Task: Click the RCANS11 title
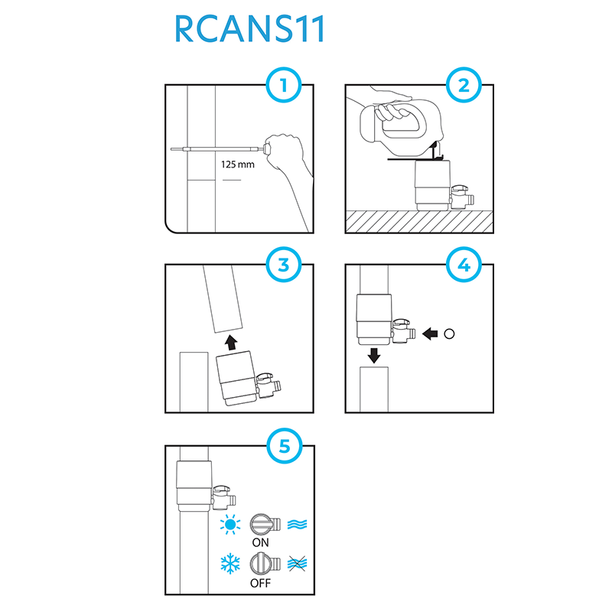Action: coord(249,28)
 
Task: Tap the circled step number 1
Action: coord(284,85)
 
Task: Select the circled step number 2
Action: coord(464,85)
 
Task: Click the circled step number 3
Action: coord(284,265)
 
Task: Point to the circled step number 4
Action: coord(464,265)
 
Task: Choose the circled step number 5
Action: coord(285,446)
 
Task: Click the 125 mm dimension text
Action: coord(238,164)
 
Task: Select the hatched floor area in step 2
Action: coord(419,221)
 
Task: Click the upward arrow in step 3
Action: coord(232,342)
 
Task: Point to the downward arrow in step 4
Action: coord(374,355)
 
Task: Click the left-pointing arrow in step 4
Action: coord(430,334)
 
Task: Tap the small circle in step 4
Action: coord(449,334)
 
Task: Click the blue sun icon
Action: coord(230,524)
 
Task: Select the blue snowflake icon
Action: coord(230,563)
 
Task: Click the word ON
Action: coord(260,542)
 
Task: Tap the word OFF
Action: coord(260,583)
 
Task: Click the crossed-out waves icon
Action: coord(297,564)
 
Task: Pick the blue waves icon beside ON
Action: coord(297,524)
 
